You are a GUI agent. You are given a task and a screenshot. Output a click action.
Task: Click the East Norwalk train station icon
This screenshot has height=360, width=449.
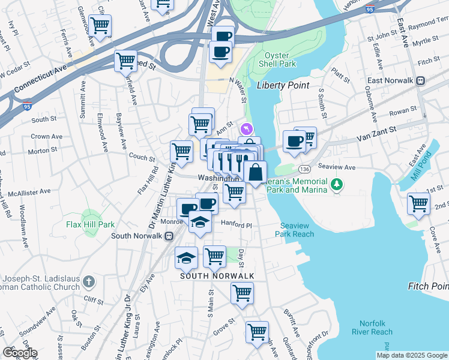(x=421, y=80)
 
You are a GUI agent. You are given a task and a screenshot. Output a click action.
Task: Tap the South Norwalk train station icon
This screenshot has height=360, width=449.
(x=170, y=235)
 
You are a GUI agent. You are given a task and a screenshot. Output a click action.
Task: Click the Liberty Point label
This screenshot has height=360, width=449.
(x=283, y=85)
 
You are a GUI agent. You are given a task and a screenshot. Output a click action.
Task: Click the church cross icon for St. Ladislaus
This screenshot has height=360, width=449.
(x=88, y=281)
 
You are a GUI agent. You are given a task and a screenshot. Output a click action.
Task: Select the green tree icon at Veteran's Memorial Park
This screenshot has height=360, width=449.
(x=337, y=184)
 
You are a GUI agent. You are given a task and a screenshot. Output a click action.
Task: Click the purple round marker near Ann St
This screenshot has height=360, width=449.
(x=246, y=128)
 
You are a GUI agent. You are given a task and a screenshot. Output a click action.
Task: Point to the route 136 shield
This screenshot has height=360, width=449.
(x=306, y=169)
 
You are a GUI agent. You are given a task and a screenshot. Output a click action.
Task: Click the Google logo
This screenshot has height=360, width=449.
(x=19, y=352)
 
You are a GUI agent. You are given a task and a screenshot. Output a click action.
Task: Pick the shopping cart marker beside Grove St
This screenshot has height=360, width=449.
(x=257, y=331)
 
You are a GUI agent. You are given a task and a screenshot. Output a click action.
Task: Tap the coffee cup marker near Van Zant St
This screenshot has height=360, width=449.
(x=294, y=142)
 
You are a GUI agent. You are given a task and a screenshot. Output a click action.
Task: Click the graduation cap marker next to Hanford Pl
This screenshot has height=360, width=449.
(x=200, y=223)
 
